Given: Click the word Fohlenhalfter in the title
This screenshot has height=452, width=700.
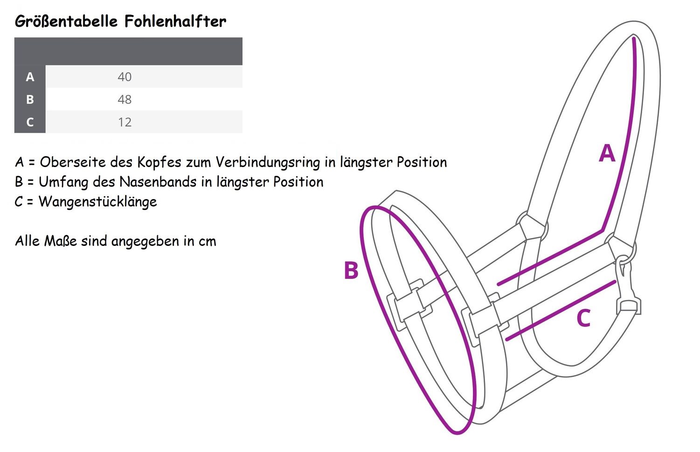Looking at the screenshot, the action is [x=175, y=21].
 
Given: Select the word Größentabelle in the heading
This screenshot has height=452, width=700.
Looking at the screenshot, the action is [x=66, y=22].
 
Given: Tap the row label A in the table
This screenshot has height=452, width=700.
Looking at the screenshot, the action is [x=30, y=76].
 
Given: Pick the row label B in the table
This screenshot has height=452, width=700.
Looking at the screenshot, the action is [x=30, y=99].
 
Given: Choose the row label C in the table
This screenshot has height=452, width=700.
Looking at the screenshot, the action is [x=30, y=122].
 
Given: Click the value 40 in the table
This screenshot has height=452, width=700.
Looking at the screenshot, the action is [x=125, y=77].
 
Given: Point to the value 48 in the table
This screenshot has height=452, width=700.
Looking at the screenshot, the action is [x=125, y=100].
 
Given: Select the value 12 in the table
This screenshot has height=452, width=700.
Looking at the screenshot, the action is [x=125, y=122].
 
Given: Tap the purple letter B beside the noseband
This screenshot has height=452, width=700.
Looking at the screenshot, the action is [x=351, y=270].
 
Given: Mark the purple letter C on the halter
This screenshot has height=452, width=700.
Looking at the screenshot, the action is [x=583, y=318].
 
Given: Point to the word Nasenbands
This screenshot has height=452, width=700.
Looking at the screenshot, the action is [x=158, y=182].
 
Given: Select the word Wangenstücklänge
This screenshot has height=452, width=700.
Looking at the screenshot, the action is [x=98, y=202].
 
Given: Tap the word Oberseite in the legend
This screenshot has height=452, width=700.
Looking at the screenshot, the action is [x=73, y=162].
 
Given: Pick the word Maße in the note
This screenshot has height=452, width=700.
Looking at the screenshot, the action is [x=60, y=241].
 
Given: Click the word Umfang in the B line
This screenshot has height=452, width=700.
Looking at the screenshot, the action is [x=63, y=182].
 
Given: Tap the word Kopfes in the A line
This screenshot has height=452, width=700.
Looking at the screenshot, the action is [x=159, y=162].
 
